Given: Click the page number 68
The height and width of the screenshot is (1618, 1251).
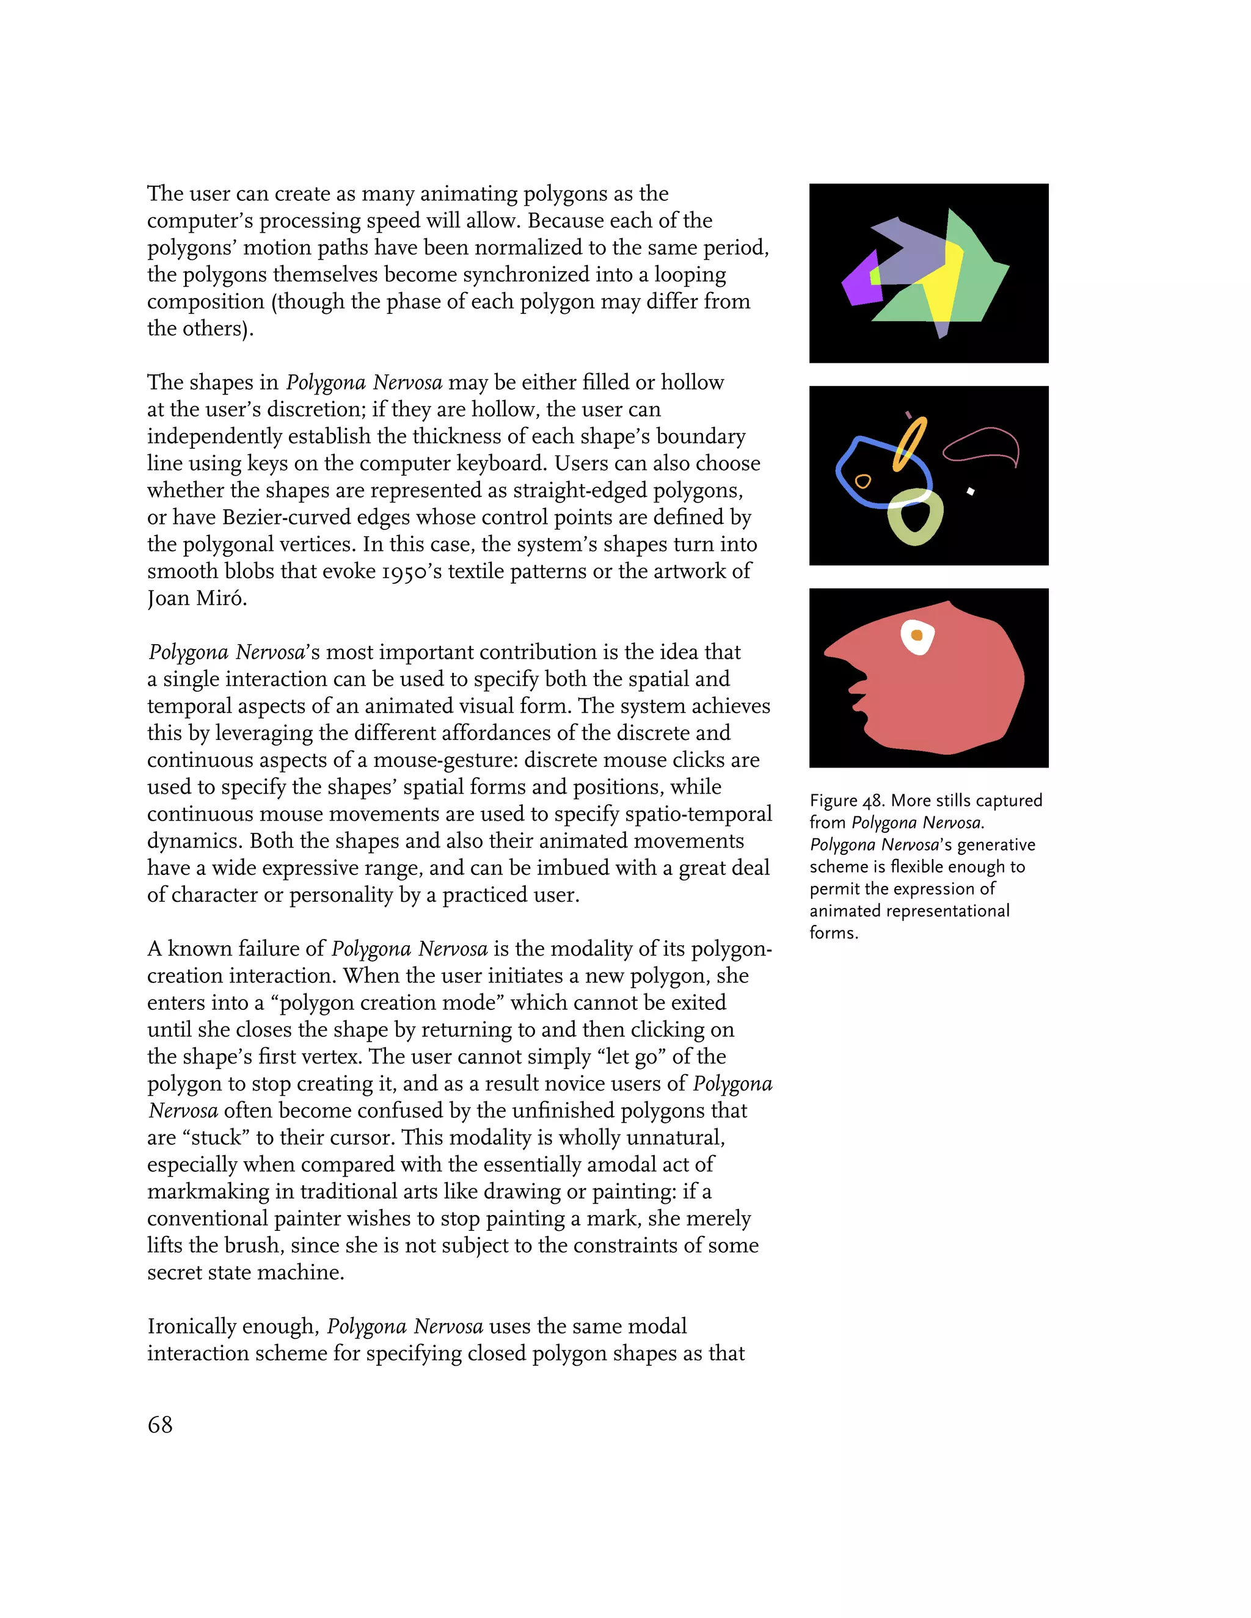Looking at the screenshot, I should pos(160,1424).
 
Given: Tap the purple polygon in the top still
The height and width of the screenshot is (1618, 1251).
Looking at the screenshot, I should pos(859,285).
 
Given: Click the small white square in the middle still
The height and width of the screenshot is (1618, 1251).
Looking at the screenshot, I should pos(970,491).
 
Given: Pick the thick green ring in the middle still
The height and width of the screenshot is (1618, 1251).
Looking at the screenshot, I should pos(916,518).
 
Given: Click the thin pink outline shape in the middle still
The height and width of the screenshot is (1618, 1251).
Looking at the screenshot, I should pos(983,444).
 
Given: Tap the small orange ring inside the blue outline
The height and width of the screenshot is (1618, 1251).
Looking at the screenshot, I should pos(863,482).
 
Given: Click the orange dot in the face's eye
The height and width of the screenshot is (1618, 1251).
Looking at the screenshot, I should pos(917,635).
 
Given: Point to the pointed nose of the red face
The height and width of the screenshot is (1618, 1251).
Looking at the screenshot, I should pos(834,652).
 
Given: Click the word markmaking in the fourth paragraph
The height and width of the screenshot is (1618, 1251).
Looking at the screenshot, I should pos(208,1191).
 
